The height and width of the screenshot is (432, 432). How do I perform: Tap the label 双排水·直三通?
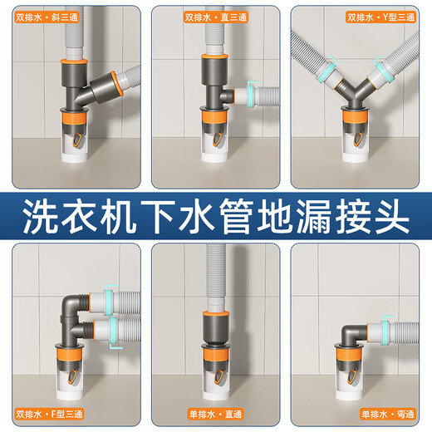point(214,16)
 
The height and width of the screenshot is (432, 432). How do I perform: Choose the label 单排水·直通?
point(215,413)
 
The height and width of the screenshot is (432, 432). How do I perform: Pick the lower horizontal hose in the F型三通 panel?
point(120,331)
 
